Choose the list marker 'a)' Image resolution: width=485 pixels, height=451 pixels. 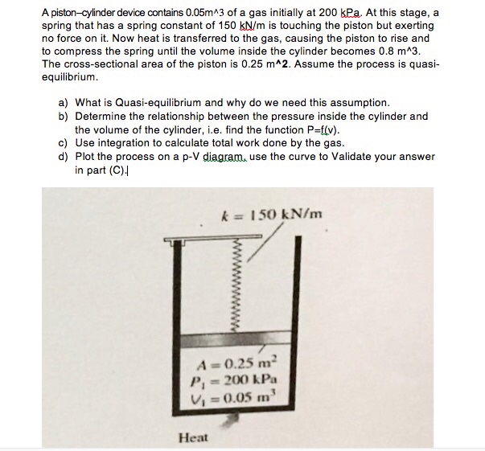pos(64,103)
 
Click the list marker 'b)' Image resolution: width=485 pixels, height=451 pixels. pos(64,116)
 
